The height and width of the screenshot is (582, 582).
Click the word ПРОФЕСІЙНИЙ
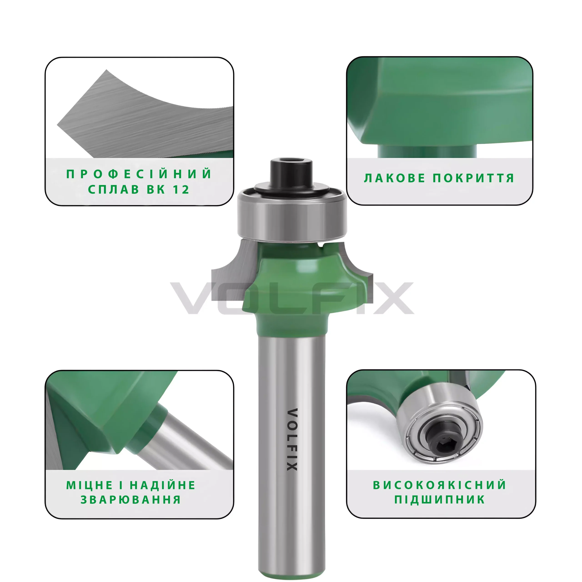(x=139, y=174)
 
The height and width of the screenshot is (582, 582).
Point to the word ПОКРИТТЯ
(x=474, y=178)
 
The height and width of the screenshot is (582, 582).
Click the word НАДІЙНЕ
(x=163, y=485)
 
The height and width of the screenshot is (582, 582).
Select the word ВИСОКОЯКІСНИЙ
(x=440, y=485)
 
